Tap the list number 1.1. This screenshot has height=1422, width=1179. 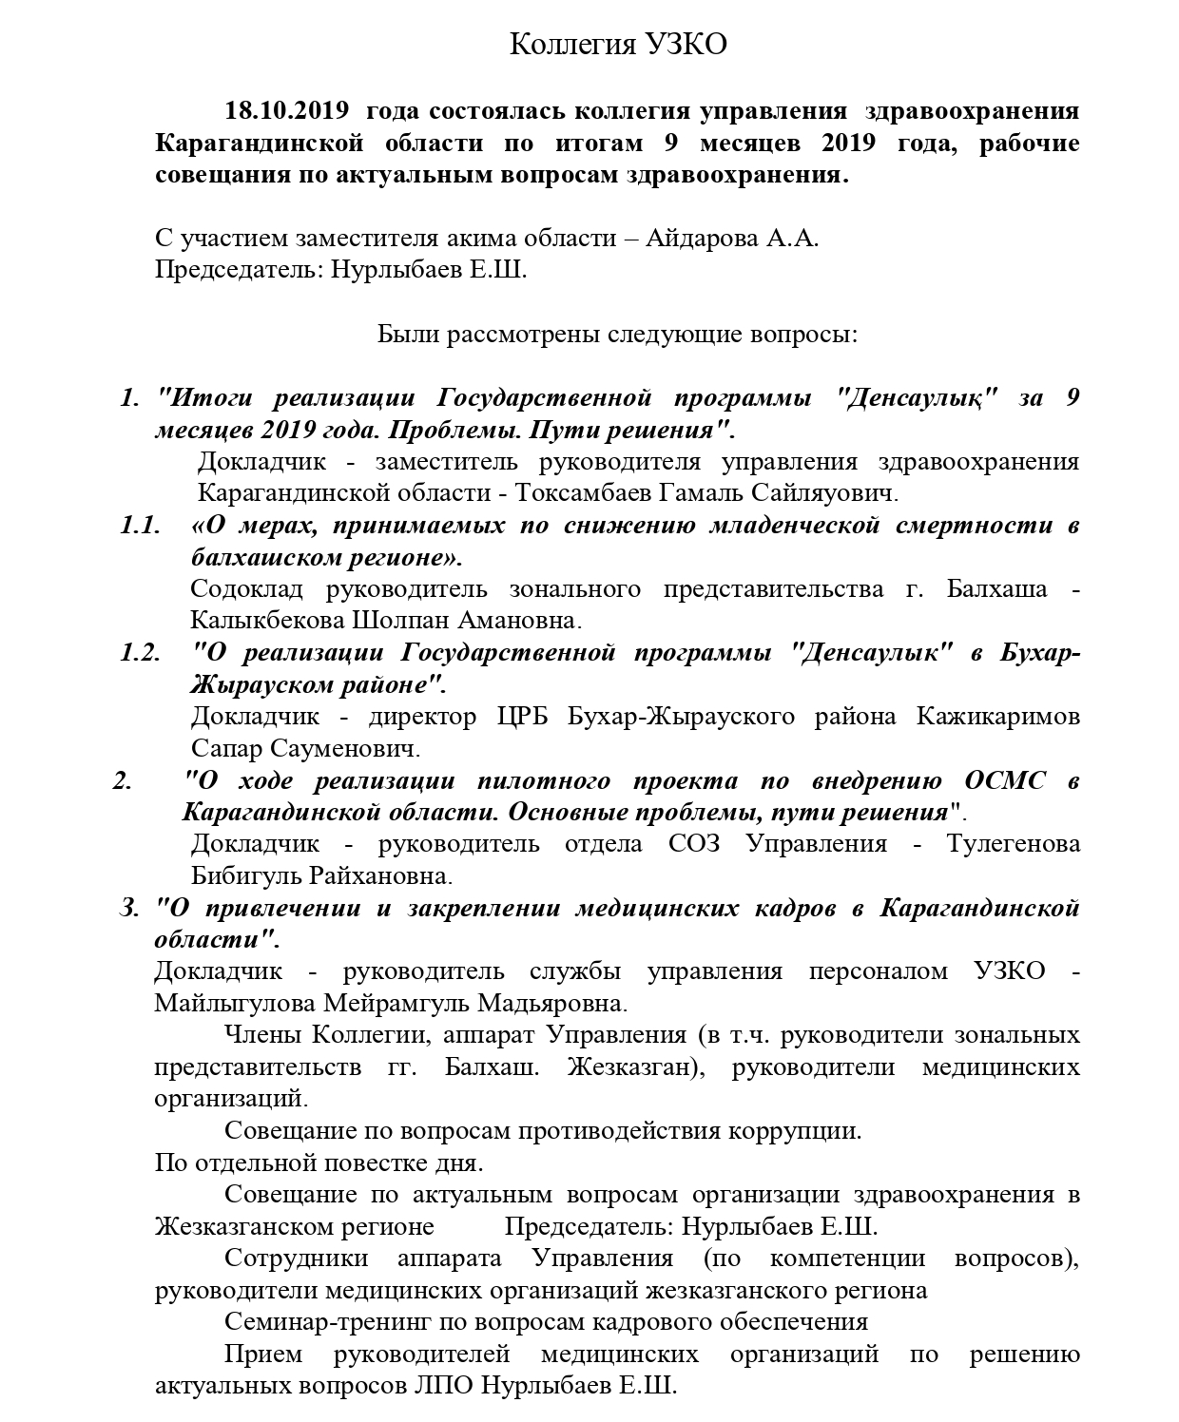[x=140, y=526]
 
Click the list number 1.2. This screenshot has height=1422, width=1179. [x=140, y=653]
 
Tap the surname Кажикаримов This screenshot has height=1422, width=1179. [x=998, y=716]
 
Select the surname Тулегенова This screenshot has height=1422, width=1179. [x=1014, y=844]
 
